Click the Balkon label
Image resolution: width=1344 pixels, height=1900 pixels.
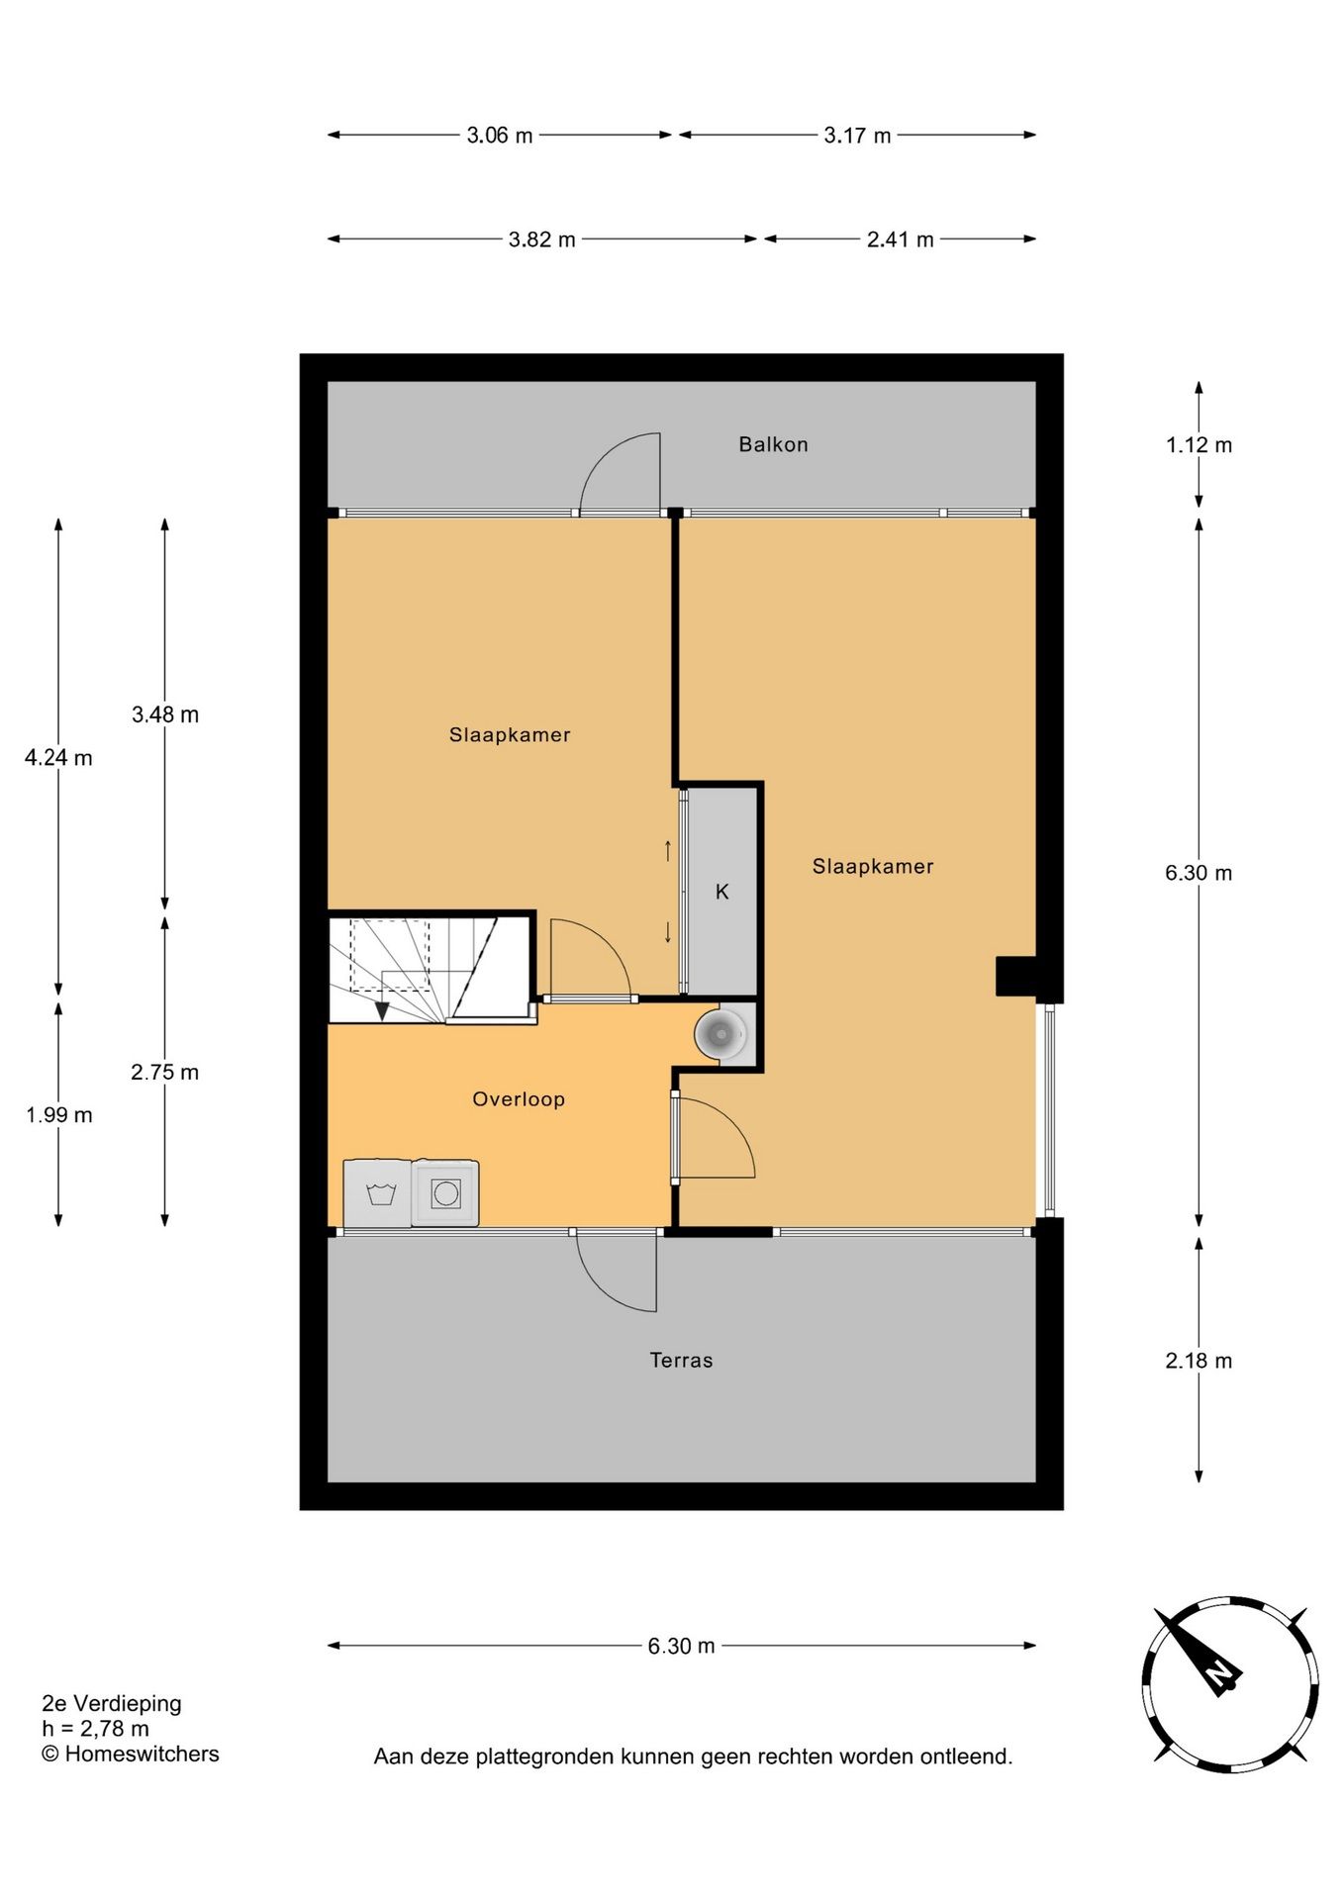pos(773,444)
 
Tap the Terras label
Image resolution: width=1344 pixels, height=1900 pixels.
pos(681,1360)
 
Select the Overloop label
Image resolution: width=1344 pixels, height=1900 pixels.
pos(518,1098)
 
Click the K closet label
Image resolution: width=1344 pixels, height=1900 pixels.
pos(722,892)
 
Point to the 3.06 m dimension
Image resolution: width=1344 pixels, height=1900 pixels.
pos(499,136)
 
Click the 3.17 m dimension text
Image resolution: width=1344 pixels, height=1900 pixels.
pos(857,136)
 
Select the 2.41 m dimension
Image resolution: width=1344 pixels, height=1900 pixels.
pos(900,239)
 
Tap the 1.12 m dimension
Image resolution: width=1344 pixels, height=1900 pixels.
pos(1199,445)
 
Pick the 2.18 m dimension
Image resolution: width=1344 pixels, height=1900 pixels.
pos(1199,1361)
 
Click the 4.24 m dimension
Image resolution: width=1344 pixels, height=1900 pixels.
pos(58,758)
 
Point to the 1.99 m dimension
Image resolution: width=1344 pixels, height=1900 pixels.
pos(58,1115)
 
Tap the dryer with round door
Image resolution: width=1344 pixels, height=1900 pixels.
pos(445,1193)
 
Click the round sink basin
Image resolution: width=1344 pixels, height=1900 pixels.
pos(720,1034)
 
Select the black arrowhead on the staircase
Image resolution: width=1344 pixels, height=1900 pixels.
pos(382,1010)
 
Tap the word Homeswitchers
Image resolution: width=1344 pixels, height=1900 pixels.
pos(142,1754)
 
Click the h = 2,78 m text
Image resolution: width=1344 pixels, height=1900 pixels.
pos(95,1729)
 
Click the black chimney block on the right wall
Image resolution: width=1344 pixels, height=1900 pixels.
pos(1015,976)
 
